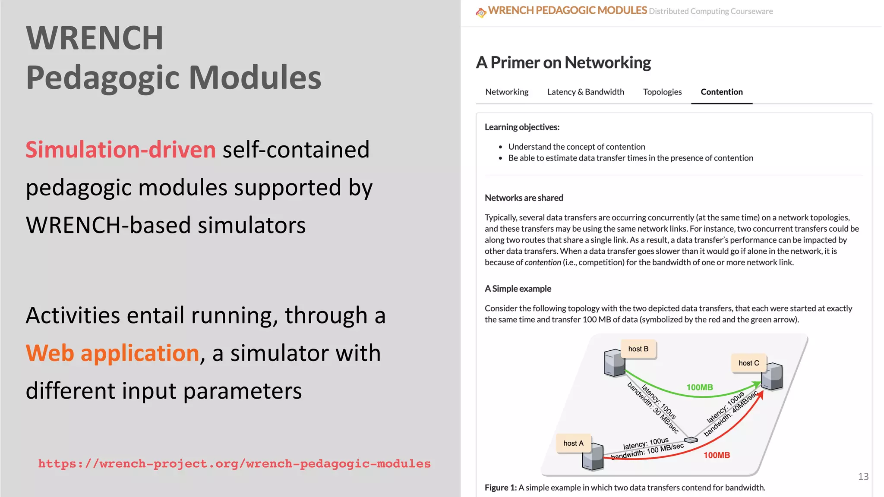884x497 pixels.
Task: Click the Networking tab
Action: pyautogui.click(x=507, y=92)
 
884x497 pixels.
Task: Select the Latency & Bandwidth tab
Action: pyautogui.click(x=585, y=92)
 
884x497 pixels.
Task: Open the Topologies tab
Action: pyautogui.click(x=662, y=92)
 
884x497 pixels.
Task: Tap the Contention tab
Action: pyautogui.click(x=722, y=92)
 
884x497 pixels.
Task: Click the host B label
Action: pyautogui.click(x=638, y=349)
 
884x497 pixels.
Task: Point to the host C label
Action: pyautogui.click(x=748, y=363)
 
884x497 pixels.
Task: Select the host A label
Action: pyautogui.click(x=573, y=444)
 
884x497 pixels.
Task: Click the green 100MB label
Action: pyautogui.click(x=700, y=387)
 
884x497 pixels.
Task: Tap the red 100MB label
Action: pyautogui.click(x=717, y=455)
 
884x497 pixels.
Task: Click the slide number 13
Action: pyautogui.click(x=863, y=477)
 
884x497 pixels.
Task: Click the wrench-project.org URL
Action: pyautogui.click(x=234, y=464)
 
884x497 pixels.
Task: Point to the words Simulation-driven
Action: pyautogui.click(x=121, y=150)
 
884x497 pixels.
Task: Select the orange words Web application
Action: pyautogui.click(x=112, y=353)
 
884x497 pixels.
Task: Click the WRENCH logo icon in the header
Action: pyautogui.click(x=481, y=13)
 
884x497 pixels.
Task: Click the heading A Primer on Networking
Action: pyautogui.click(x=563, y=63)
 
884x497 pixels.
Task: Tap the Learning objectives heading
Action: pyautogui.click(x=522, y=127)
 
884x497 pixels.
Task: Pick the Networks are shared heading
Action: pyautogui.click(x=524, y=198)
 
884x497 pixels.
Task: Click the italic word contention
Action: pyautogui.click(x=543, y=262)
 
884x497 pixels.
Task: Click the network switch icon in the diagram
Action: pyautogui.click(x=691, y=440)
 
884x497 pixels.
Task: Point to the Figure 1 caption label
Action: pyautogui.click(x=501, y=488)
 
